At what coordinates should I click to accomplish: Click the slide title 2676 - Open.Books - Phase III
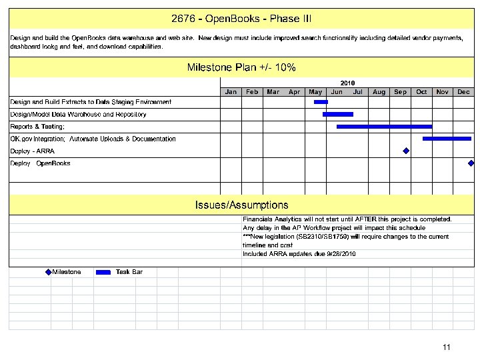pyautogui.click(x=241, y=19)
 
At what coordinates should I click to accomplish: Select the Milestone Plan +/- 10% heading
pyautogui.click(x=241, y=67)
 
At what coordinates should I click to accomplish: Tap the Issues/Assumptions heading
pyautogui.click(x=241, y=205)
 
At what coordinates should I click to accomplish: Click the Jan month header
pyautogui.click(x=231, y=92)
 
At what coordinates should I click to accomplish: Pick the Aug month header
pyautogui.click(x=379, y=92)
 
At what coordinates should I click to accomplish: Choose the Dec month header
pyautogui.click(x=463, y=92)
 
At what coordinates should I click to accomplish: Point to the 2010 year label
pyautogui.click(x=348, y=83)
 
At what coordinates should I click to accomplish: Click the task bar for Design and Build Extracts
pyautogui.click(x=321, y=102)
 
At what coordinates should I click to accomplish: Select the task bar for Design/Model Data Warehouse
pyautogui.click(x=337, y=114)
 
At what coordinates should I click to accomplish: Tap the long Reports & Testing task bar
pyautogui.click(x=384, y=126)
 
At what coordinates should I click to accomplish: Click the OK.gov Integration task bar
pyautogui.click(x=447, y=139)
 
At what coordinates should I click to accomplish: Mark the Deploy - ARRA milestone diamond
pyautogui.click(x=405, y=151)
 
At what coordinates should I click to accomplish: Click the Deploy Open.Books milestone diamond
pyautogui.click(x=471, y=163)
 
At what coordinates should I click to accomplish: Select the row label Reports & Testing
pyautogui.click(x=37, y=127)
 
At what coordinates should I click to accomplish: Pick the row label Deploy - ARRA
pyautogui.click(x=32, y=151)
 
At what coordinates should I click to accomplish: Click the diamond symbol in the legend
pyautogui.click(x=48, y=272)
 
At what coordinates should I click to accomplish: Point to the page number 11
pyautogui.click(x=447, y=347)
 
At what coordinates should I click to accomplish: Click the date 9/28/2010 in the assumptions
pyautogui.click(x=340, y=254)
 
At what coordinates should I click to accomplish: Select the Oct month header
pyautogui.click(x=421, y=92)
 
